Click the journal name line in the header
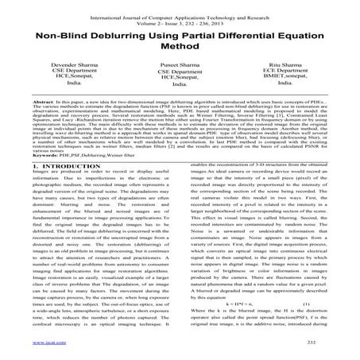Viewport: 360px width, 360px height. pyautogui.click(x=180, y=6)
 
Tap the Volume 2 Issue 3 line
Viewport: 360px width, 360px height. pyautogui.click(x=180, y=14)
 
